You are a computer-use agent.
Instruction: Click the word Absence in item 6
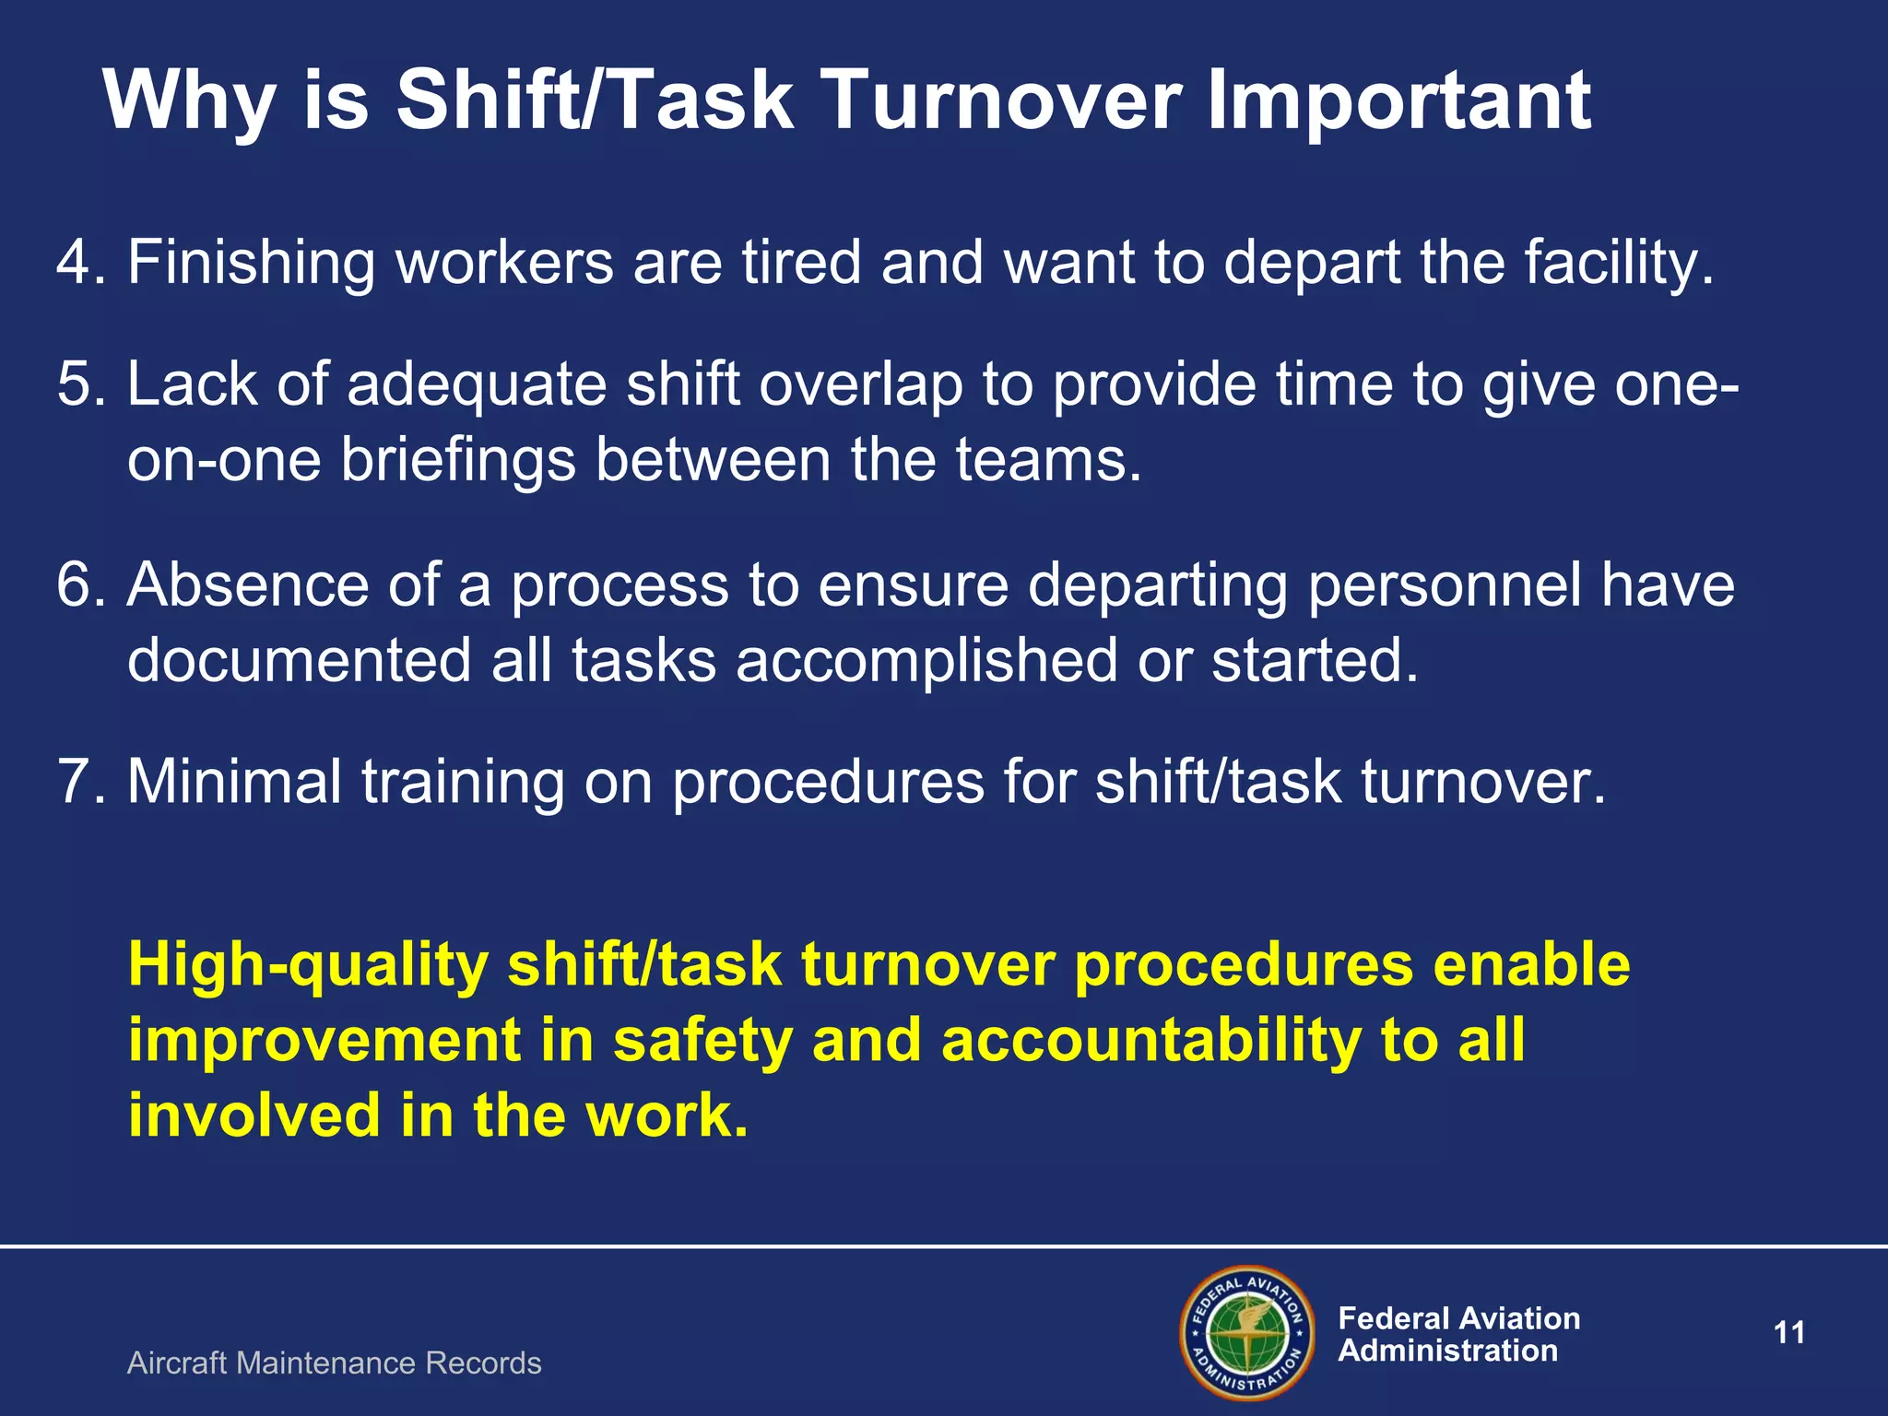pos(247,585)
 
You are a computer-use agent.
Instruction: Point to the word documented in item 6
pos(299,661)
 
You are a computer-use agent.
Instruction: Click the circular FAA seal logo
pos(1246,1333)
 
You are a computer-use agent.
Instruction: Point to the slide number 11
pos(1789,1333)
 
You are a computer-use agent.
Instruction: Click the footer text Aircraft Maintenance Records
pos(334,1363)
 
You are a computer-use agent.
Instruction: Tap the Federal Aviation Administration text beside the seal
pos(1458,1334)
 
